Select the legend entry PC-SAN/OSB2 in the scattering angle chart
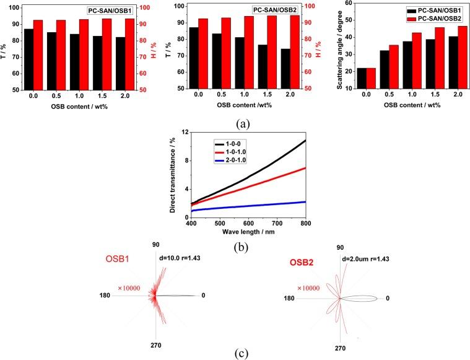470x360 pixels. pyautogui.click(x=442, y=19)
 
